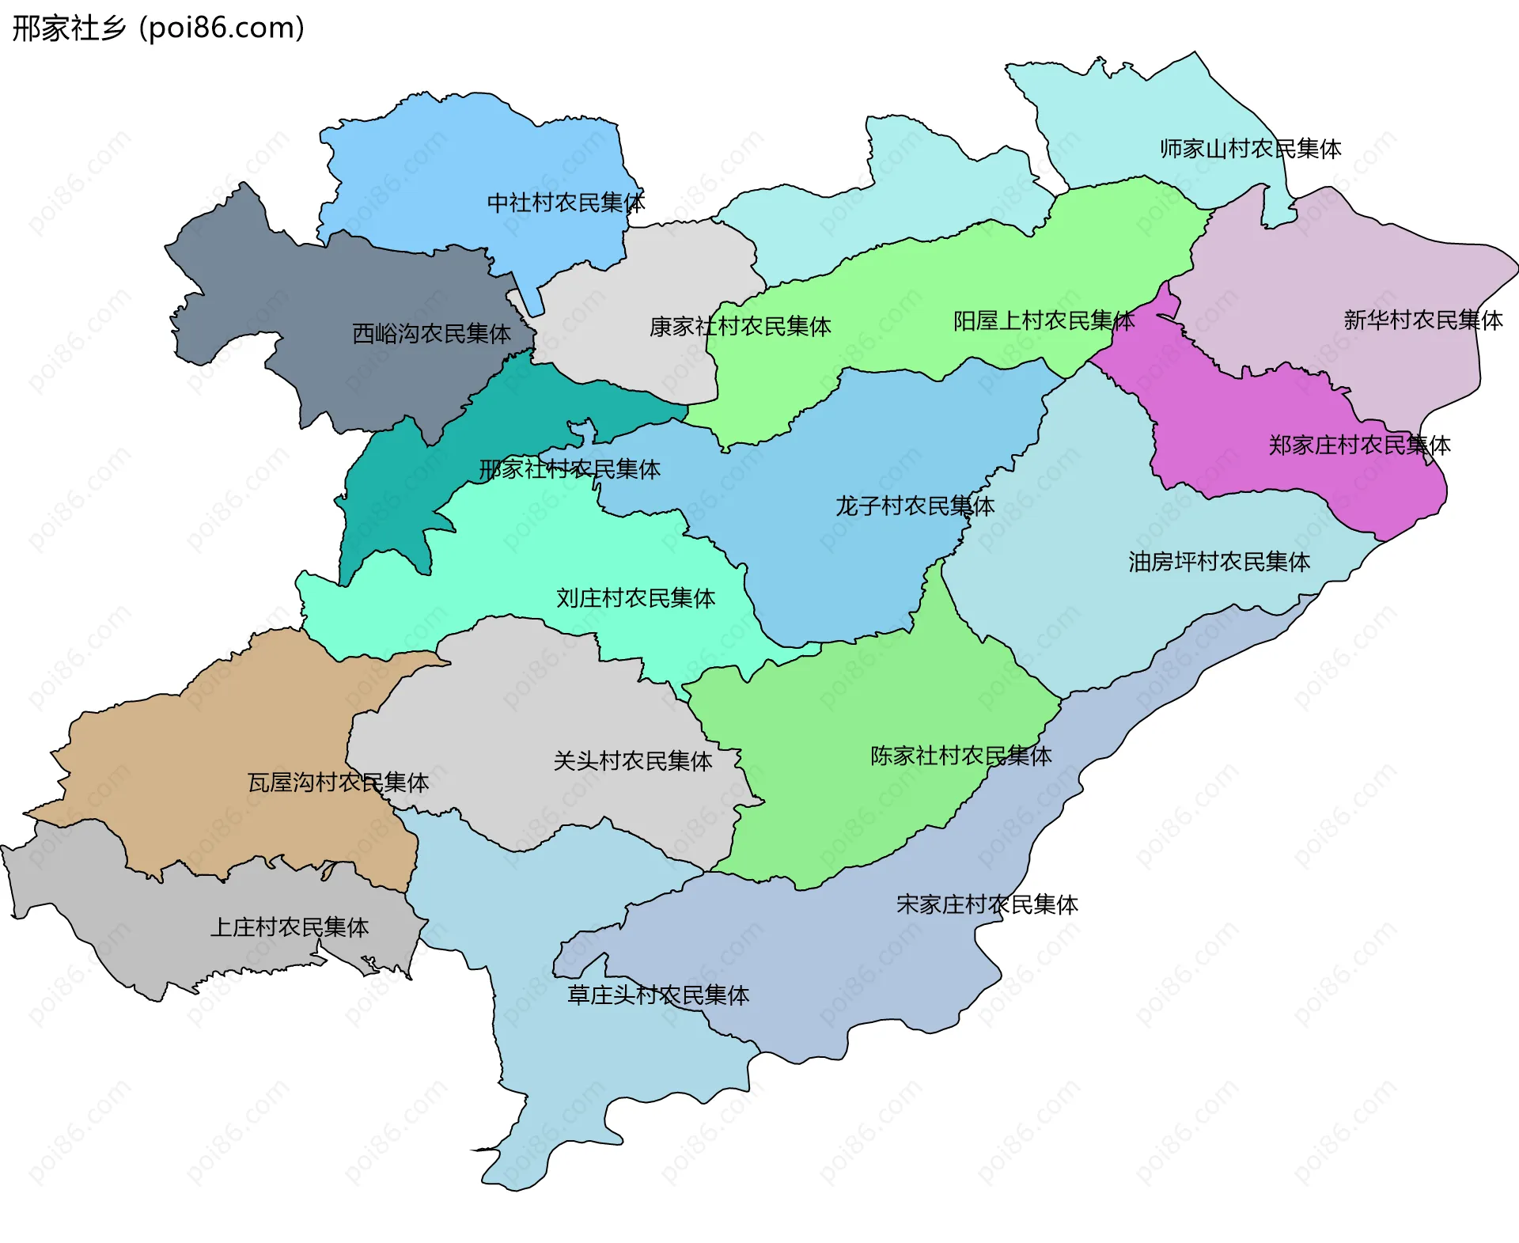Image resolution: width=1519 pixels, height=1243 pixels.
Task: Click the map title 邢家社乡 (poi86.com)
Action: [158, 28]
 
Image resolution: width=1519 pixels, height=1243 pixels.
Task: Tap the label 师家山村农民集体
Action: [1250, 149]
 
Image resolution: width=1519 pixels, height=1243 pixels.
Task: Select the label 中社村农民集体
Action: [566, 203]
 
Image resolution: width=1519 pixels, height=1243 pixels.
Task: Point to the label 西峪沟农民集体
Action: [431, 334]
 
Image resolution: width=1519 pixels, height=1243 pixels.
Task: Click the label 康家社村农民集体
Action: [740, 327]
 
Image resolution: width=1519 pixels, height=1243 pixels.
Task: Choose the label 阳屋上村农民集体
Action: [1044, 321]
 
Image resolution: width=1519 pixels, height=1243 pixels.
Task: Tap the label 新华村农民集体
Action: [1422, 320]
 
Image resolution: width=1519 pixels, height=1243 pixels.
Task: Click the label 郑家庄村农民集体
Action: [1359, 445]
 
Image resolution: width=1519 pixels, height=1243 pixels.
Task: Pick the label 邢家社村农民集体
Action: [570, 470]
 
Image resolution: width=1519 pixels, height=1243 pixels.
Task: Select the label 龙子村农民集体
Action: [915, 506]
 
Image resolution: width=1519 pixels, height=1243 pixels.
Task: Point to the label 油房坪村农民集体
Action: [1219, 562]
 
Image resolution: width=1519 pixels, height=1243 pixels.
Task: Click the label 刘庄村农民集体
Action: [635, 598]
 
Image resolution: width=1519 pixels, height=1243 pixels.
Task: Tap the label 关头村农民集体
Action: [632, 761]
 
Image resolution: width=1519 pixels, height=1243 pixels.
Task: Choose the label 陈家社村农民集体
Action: [960, 756]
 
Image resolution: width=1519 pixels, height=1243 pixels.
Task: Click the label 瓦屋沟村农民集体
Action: [338, 783]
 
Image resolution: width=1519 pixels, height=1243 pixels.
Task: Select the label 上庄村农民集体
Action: [289, 927]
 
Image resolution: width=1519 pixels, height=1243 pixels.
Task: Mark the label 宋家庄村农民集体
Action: [987, 904]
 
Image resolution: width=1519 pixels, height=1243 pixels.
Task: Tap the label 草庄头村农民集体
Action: [657, 995]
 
